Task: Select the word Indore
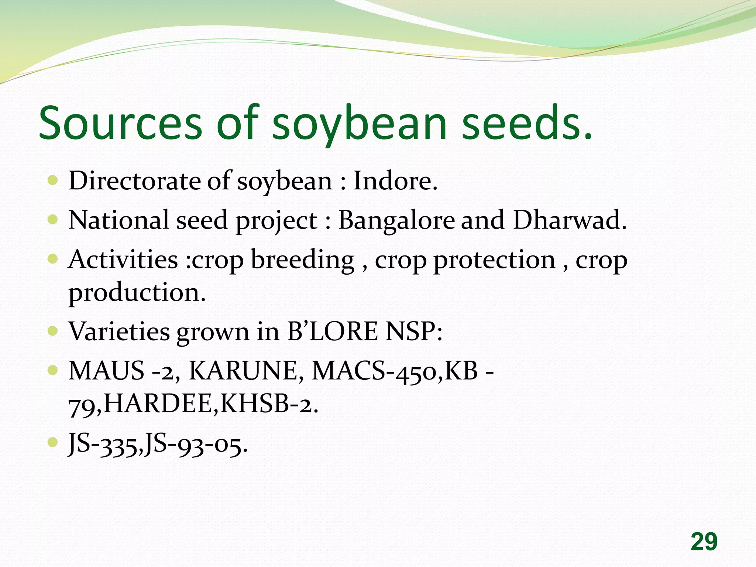395,181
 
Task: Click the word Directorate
135,181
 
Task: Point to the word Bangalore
396,220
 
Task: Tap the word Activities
123,260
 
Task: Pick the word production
137,293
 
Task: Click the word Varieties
119,331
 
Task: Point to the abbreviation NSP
413,331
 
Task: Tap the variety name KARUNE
246,370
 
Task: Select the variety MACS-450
376,370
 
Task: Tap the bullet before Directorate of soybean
53,181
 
